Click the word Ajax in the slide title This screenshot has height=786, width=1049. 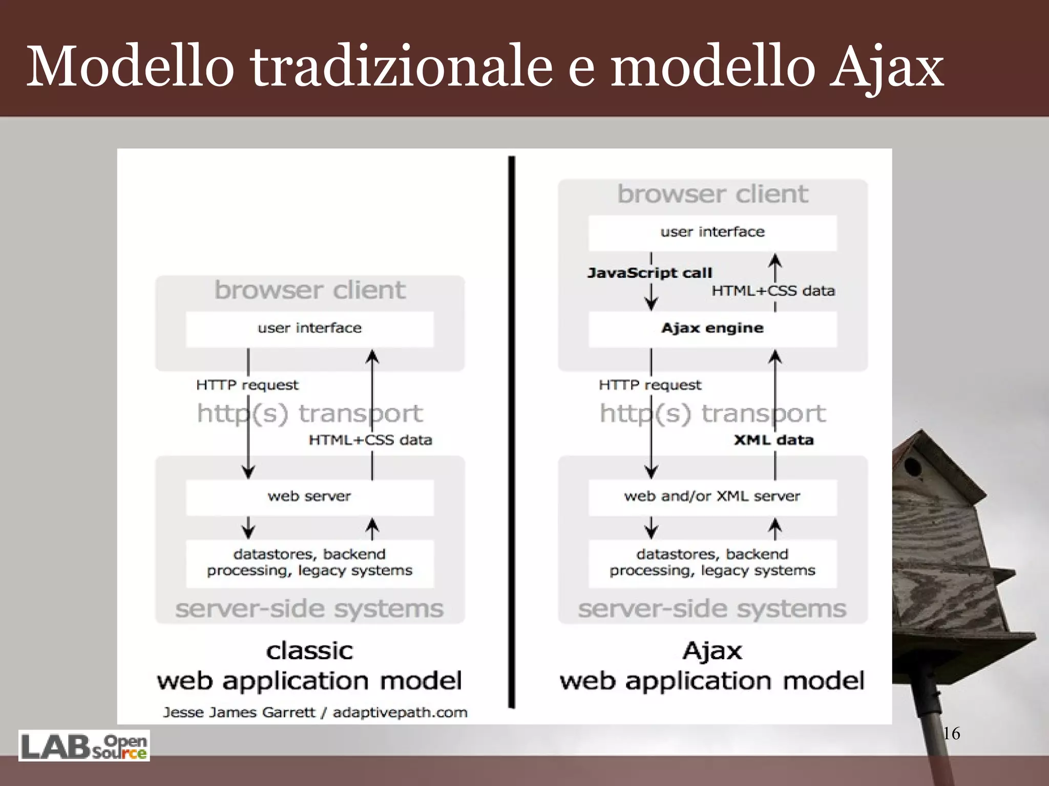pyautogui.click(x=886, y=67)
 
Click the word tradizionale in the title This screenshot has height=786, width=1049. pyautogui.click(x=401, y=67)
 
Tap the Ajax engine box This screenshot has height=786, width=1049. pyautogui.click(x=712, y=329)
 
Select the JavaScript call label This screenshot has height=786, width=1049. pyautogui.click(x=649, y=273)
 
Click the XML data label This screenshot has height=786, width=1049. pyautogui.click(x=773, y=440)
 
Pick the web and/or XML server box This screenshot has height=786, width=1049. pyautogui.click(x=712, y=496)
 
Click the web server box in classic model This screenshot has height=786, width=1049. pyautogui.click(x=309, y=496)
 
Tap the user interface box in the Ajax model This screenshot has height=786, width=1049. pyautogui.click(x=712, y=232)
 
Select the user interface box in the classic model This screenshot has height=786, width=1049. pyautogui.click(x=309, y=329)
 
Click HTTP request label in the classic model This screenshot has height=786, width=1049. pyautogui.click(x=247, y=385)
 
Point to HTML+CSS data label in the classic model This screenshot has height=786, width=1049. pyautogui.click(x=370, y=440)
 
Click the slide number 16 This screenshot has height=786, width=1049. pyautogui.click(x=951, y=733)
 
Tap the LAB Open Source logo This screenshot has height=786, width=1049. pyautogui.click(x=84, y=746)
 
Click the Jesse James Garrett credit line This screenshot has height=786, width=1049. pyautogui.click(x=315, y=712)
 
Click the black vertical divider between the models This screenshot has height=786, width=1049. pyautogui.click(x=511, y=430)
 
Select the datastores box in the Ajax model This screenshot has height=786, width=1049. pyautogui.click(x=712, y=562)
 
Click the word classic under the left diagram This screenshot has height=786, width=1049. pyautogui.click(x=309, y=651)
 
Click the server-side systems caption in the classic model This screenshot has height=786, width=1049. pyautogui.click(x=309, y=609)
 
